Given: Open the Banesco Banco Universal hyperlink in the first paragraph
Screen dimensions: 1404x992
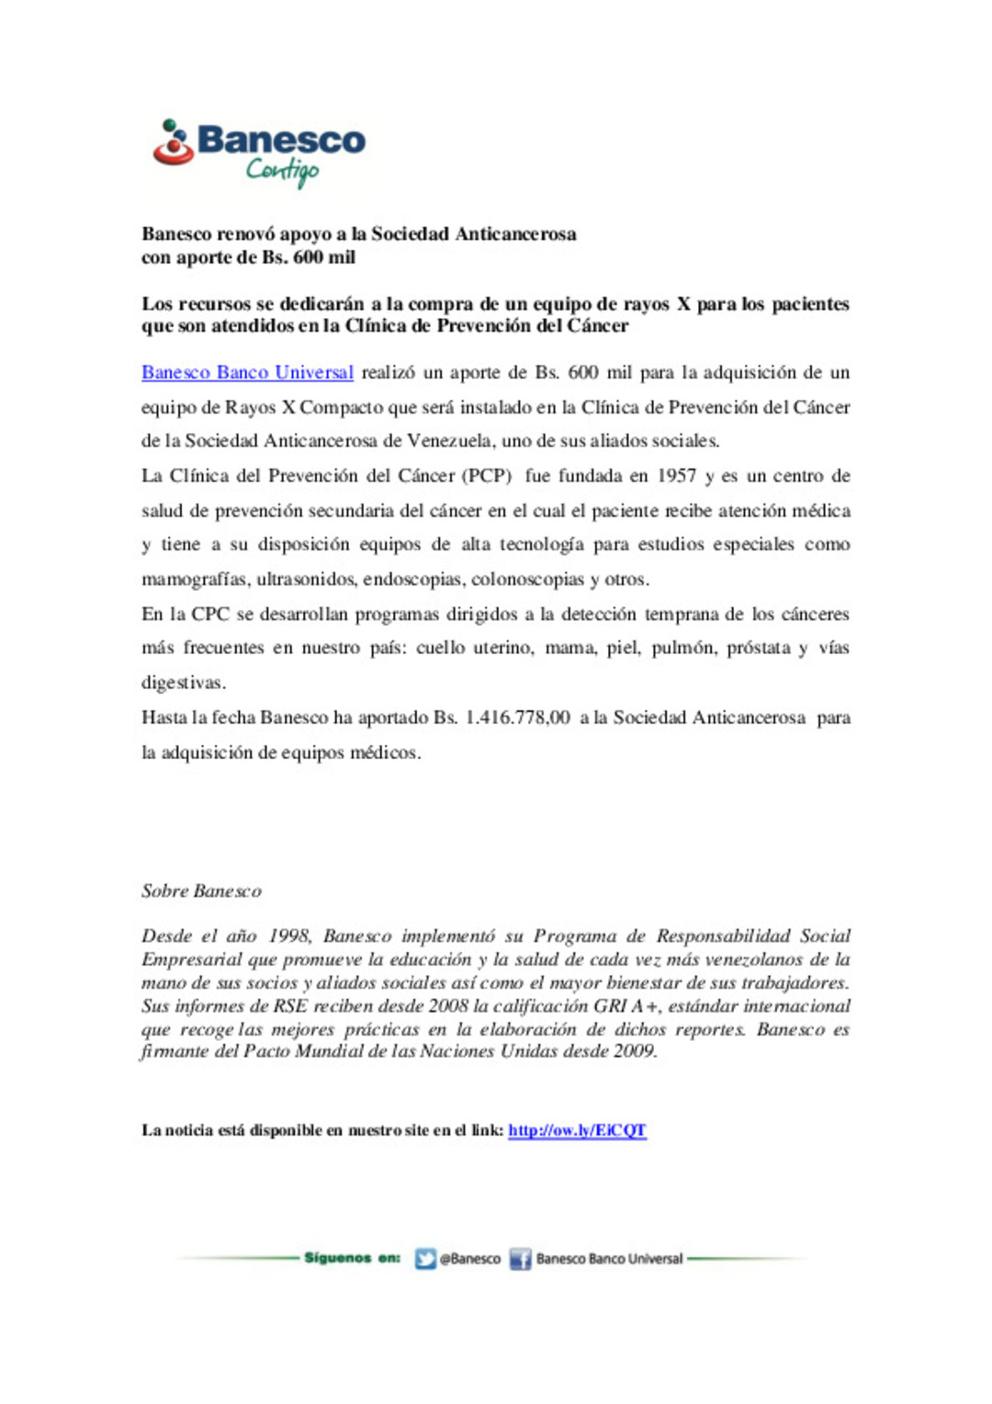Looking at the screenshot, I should coord(247,372).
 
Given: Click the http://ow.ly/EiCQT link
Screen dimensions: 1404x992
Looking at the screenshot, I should coord(577,1130).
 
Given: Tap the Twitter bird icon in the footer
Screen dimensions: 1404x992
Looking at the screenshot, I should coord(425,1259).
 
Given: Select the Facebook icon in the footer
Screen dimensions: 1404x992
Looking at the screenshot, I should coord(521,1259).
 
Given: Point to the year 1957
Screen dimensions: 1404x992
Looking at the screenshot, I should coord(676,476).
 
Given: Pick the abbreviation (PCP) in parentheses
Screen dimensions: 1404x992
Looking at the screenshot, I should coord(487,476).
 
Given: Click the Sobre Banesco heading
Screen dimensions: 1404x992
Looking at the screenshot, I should coord(201,890).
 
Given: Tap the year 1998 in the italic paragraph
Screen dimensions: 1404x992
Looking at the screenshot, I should coord(289,936).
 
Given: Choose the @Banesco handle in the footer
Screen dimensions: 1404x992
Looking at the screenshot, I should coord(470,1259).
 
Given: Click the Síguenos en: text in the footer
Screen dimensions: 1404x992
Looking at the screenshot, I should coord(352,1258).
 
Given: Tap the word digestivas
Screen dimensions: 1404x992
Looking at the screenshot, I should coord(183,683).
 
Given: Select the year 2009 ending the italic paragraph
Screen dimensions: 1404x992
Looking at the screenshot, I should coord(635,1051).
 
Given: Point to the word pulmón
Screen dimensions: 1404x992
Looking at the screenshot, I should coord(682,648).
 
